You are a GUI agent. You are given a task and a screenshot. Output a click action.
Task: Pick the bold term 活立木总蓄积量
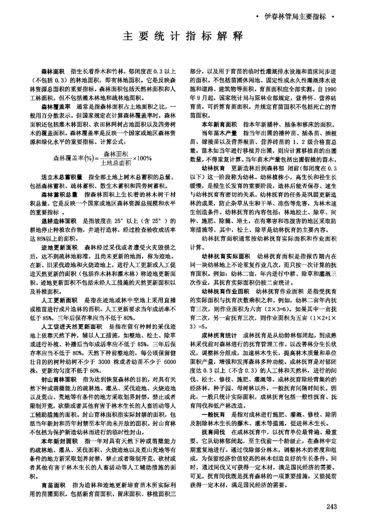(61, 177)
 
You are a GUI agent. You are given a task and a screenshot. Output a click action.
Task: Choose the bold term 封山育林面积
(58, 365)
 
